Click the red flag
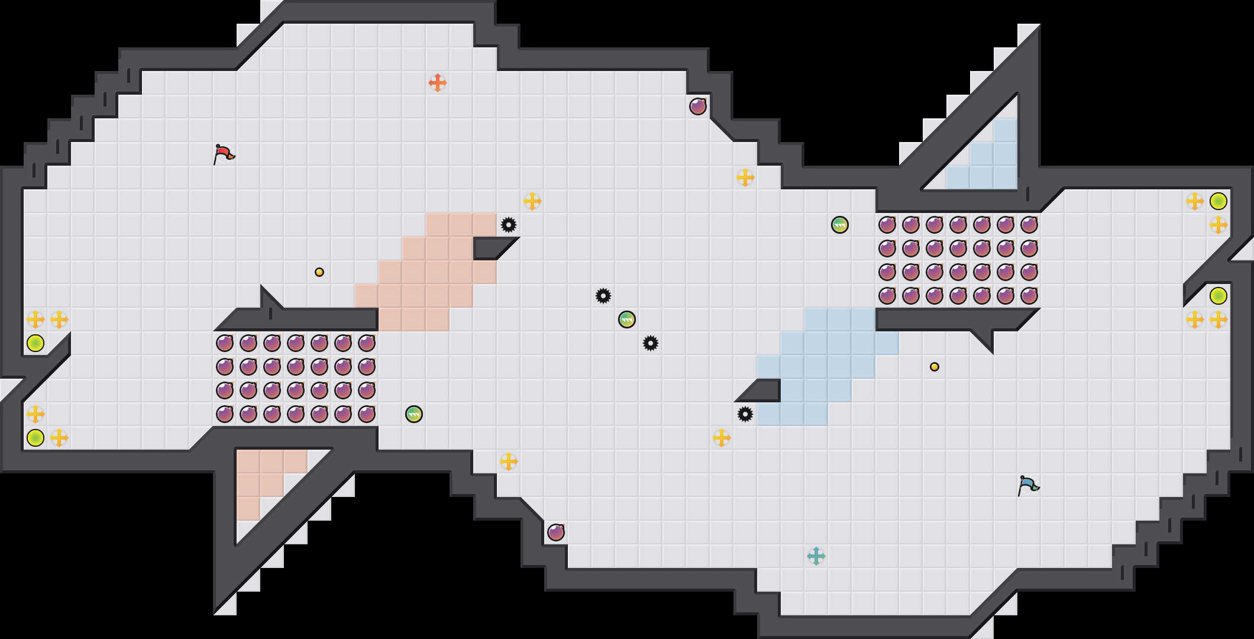[x=224, y=154]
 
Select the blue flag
[x=1028, y=485]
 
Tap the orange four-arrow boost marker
[x=437, y=83]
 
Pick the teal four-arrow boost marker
[x=816, y=556]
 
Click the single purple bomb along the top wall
[x=698, y=106]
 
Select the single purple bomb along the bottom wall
[x=556, y=532]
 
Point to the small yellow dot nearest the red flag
[x=319, y=272]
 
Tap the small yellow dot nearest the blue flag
[x=935, y=367]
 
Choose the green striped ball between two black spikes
[x=627, y=319]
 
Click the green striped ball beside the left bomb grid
[x=414, y=414]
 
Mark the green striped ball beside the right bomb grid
[x=840, y=225]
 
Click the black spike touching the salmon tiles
[x=509, y=225]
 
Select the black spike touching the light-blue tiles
[x=745, y=414]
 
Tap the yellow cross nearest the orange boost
[x=532, y=201]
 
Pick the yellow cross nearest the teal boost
[x=722, y=438]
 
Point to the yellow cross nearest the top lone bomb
[x=745, y=177]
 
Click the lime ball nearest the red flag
[x=35, y=343]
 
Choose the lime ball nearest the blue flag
[x=1219, y=296]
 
